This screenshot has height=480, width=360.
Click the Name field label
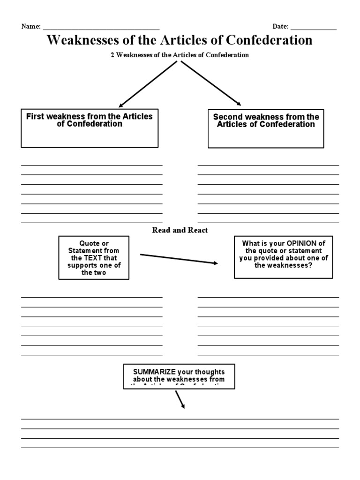tap(31, 27)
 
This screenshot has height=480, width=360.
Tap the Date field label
tap(280, 27)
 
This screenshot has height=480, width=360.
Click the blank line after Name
tap(101, 28)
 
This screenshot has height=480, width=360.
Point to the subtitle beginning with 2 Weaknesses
tap(180, 55)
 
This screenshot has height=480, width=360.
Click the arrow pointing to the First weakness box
tap(147, 84)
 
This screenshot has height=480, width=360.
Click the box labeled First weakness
tap(90, 128)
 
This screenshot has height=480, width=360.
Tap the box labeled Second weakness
tap(266, 128)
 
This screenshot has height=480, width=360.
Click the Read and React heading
tap(180, 230)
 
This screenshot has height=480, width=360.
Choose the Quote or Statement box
tap(94, 258)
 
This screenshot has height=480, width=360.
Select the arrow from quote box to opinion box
tap(179, 259)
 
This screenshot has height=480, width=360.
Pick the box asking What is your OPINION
tap(284, 257)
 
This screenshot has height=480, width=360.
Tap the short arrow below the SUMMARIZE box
tap(180, 399)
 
